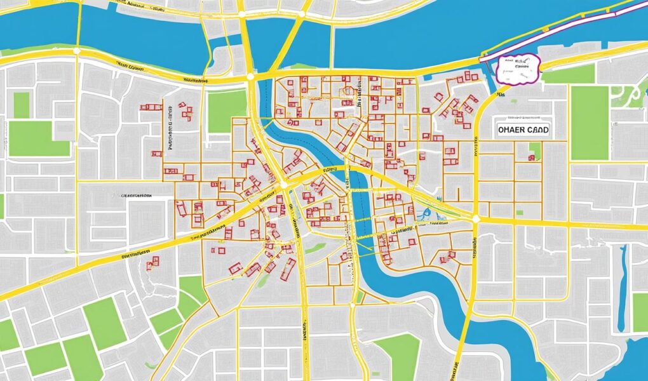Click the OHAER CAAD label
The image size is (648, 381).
pos(520,129)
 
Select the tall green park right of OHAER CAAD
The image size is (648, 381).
pos(589,123)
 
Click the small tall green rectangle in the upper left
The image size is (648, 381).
pos(22,105)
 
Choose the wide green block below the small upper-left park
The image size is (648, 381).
pos(38,138)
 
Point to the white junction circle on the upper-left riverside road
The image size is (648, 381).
pos(76,50)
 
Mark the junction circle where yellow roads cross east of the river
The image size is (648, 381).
pos(475,218)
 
